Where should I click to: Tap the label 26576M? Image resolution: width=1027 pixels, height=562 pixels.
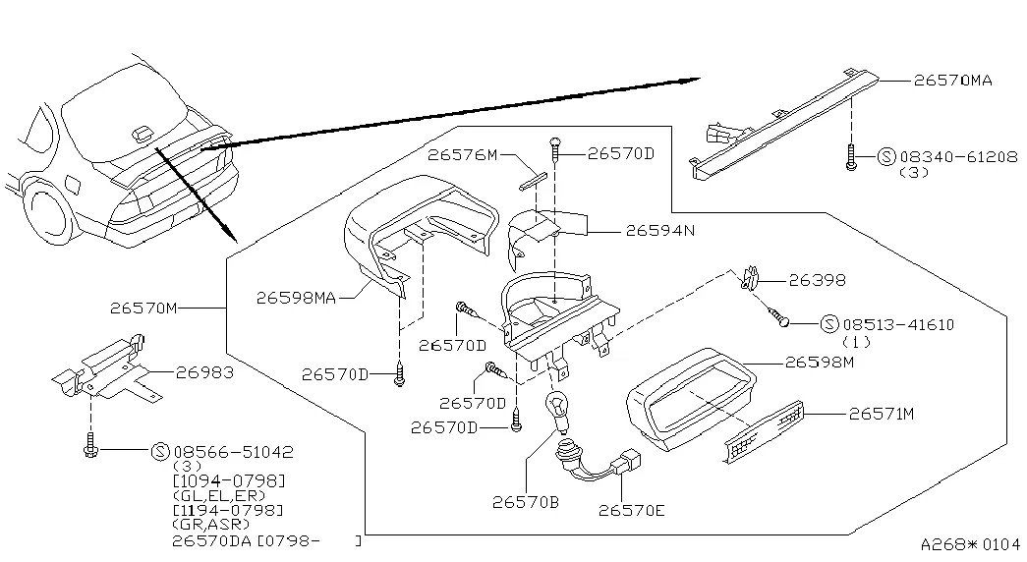click(463, 154)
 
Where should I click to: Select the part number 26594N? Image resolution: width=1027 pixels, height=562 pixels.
click(660, 231)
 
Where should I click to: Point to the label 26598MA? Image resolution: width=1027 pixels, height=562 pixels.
click(296, 298)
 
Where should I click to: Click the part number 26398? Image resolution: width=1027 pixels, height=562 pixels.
click(817, 280)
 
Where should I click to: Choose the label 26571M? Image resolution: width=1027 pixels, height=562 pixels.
click(881, 414)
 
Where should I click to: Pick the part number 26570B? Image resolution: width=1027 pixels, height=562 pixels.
click(525, 502)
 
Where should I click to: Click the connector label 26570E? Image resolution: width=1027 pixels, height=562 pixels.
click(631, 510)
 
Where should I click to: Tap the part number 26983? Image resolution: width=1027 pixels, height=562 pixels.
click(204, 372)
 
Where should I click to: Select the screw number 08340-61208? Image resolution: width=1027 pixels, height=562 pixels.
click(959, 157)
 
